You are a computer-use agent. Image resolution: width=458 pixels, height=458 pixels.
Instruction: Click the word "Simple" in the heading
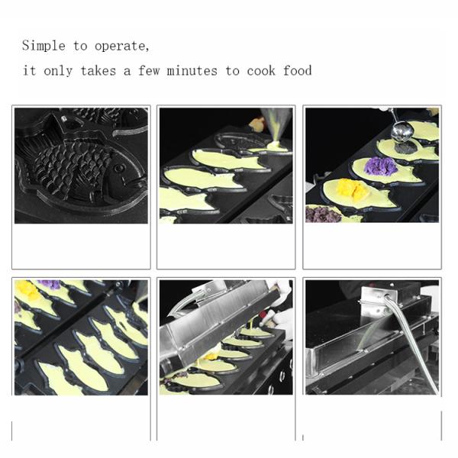click(44, 46)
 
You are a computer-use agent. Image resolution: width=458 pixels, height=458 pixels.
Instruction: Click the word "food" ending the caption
click(296, 71)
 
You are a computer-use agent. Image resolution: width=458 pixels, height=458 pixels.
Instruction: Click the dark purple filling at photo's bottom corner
click(321, 214)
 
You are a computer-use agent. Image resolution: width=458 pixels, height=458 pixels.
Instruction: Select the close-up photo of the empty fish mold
click(81, 165)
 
